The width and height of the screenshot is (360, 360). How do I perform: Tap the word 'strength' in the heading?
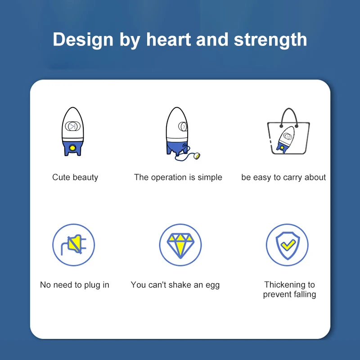pyautogui.click(x=270, y=40)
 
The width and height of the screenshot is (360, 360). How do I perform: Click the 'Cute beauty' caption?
pyautogui.click(x=75, y=177)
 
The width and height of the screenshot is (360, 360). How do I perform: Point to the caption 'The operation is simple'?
pyautogui.click(x=178, y=177)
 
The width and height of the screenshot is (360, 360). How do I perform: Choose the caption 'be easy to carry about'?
pyautogui.click(x=283, y=177)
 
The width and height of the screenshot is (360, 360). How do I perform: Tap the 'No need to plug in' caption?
pyautogui.click(x=75, y=285)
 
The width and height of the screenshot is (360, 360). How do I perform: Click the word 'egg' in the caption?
pyautogui.click(x=212, y=286)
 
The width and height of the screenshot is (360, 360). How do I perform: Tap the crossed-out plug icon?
pyautogui.click(x=74, y=245)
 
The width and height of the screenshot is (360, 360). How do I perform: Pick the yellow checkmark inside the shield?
pyautogui.click(x=288, y=245)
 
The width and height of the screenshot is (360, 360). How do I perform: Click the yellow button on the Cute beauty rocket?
pyautogui.click(x=72, y=148)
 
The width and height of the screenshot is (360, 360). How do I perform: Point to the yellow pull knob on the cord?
pyautogui.click(x=197, y=156)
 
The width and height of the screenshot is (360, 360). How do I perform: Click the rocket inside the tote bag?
pyautogui.click(x=285, y=139)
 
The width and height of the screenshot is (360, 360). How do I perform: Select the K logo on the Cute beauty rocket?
pyautogui.click(x=73, y=126)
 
